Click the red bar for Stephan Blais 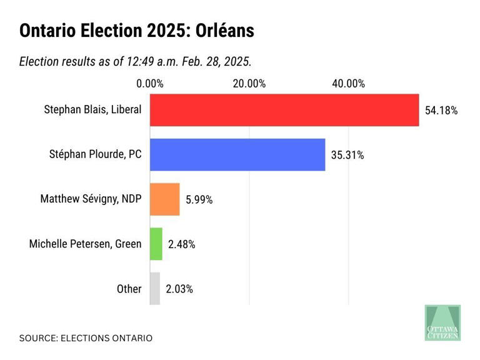point(284,110)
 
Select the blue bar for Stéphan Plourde point(237,154)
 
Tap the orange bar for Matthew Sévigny point(165,199)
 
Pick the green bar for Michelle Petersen point(156,244)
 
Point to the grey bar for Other point(155,289)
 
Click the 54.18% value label point(441,111)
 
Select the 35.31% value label point(347,156)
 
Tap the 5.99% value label point(199,200)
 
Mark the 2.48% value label point(182,245)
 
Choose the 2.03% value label point(179,289)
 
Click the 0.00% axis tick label point(150,84)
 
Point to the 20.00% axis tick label point(249,84)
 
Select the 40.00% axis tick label point(348,84)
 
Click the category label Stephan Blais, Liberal point(92,109)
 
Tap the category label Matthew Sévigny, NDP point(91,199)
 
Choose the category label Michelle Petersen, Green point(86,244)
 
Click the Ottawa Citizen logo point(442,322)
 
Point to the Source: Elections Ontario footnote point(86,338)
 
